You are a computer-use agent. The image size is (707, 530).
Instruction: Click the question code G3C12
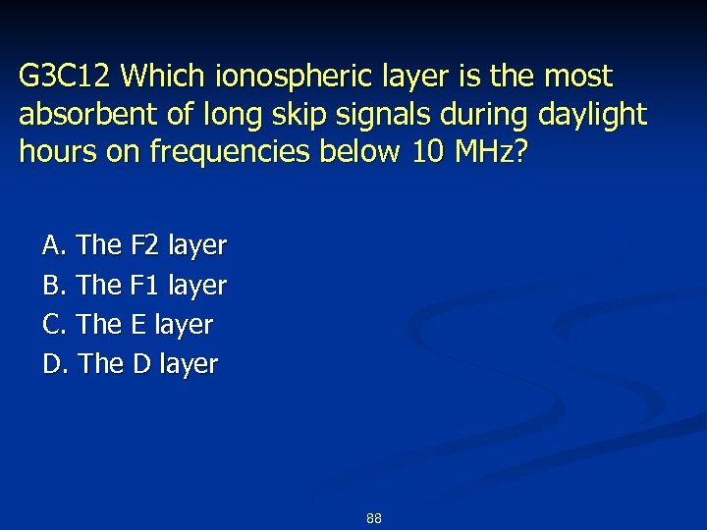[x=66, y=76]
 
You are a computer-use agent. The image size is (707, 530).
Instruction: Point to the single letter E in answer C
[x=138, y=324]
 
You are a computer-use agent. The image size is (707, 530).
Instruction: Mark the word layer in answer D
[x=189, y=363]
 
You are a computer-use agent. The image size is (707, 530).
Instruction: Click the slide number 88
[x=373, y=518]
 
